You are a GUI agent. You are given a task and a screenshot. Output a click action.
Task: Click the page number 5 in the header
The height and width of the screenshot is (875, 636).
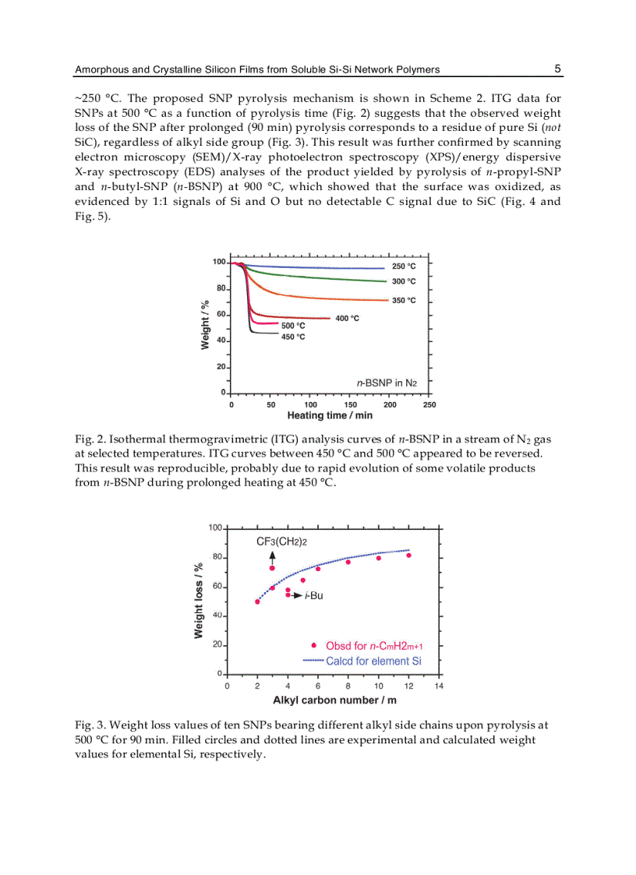coord(557,69)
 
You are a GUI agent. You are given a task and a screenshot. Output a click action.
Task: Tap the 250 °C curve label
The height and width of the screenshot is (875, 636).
coord(403,266)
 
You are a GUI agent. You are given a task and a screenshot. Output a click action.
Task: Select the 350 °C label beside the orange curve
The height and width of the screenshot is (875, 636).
coord(403,300)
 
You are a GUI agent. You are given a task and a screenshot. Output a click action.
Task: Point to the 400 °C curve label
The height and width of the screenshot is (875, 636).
coord(347,318)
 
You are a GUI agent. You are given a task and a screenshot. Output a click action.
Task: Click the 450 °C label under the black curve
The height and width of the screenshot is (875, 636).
coord(292,337)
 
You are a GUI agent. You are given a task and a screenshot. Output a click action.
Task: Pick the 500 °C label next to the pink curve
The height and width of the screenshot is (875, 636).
coord(292,326)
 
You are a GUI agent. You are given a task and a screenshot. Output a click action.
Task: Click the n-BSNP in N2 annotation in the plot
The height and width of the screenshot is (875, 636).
coord(387,383)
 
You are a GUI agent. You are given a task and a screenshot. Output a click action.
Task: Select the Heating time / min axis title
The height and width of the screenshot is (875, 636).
coord(330,416)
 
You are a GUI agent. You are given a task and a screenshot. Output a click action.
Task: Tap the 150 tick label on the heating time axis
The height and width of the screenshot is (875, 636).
coord(350,404)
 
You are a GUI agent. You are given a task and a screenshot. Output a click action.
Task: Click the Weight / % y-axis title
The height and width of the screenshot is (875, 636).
coord(205,326)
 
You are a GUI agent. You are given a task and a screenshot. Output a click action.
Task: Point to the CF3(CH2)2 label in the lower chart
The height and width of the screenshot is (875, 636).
coord(287,541)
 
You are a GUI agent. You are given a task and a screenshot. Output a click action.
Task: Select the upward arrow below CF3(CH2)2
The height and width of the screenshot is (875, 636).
coord(272,556)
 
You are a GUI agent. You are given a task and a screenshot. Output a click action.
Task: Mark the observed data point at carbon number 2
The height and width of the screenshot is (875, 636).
coord(257,602)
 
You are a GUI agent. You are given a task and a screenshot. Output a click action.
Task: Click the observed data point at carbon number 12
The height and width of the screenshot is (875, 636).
coord(408,556)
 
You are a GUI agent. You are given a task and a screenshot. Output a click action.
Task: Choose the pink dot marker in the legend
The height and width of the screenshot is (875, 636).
coord(313,645)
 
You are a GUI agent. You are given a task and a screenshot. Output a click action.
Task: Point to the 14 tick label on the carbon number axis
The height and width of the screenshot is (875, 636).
coord(439,686)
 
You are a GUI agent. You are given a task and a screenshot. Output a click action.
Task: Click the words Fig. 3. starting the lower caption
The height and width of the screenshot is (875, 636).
coord(90,725)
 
